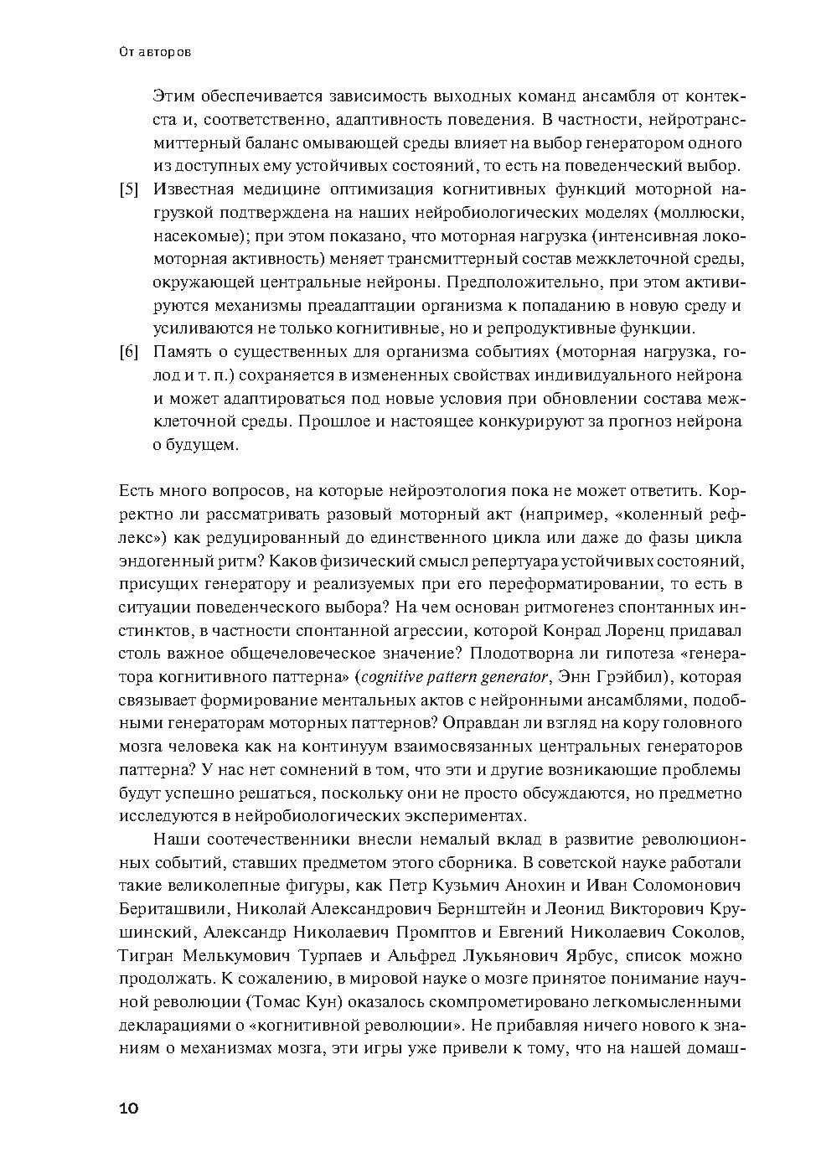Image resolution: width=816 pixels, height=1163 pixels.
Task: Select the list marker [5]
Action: click(x=129, y=189)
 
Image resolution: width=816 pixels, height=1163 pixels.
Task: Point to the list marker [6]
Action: click(x=129, y=352)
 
